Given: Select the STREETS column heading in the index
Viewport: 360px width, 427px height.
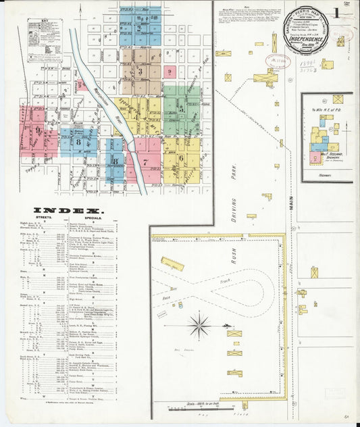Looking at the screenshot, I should click(42, 219).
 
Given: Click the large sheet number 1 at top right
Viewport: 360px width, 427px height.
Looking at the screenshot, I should click(336, 13).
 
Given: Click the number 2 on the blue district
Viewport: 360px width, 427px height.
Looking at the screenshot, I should click(139, 28).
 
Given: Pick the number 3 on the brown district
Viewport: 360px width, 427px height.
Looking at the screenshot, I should click(140, 71).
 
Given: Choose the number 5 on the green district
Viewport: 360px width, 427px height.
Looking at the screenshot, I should click(181, 108).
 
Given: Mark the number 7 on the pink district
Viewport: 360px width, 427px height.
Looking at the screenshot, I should click(145, 162).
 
